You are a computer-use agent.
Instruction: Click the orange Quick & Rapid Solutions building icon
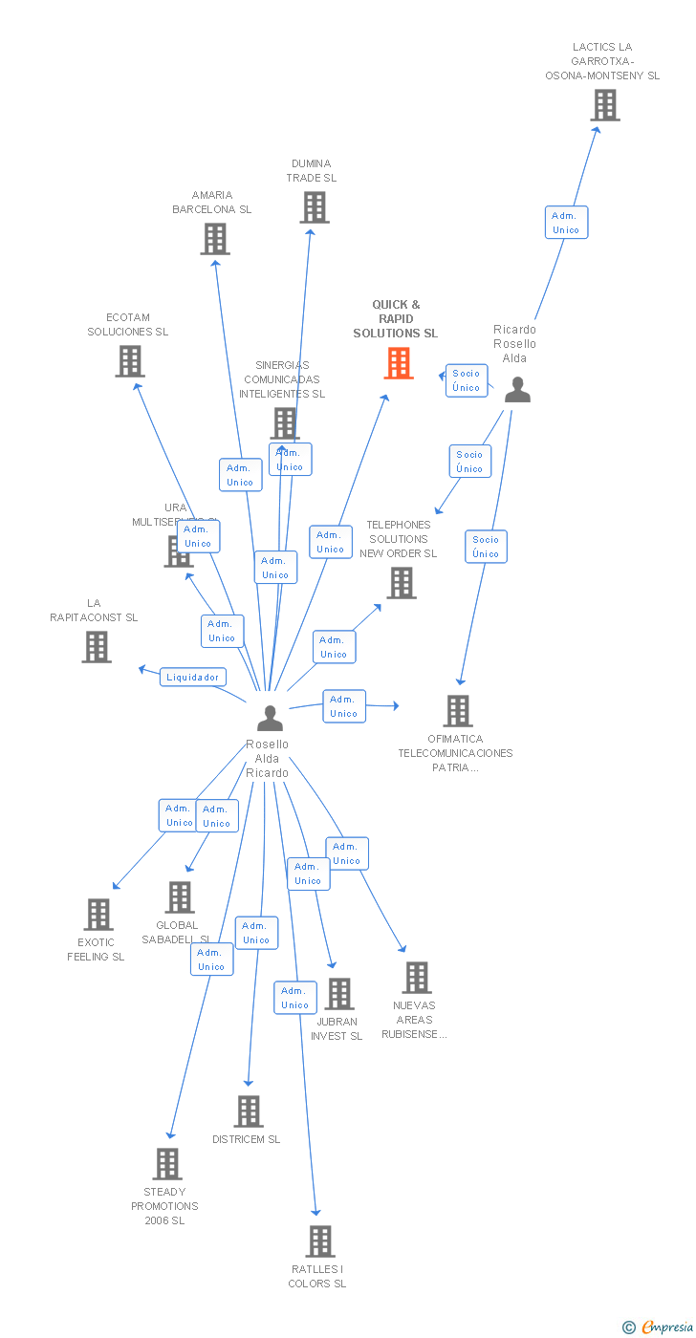399,363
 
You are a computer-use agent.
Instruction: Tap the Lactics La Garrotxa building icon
604,105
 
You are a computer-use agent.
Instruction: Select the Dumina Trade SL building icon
315,207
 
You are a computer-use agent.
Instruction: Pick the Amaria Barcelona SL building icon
215,239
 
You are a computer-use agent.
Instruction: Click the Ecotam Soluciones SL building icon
129,361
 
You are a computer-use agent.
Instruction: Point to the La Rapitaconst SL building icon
96,647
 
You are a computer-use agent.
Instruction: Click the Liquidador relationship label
193,677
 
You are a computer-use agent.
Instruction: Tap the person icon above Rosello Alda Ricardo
271,718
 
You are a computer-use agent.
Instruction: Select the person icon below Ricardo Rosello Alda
517,389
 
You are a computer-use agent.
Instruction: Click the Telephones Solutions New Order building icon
402,583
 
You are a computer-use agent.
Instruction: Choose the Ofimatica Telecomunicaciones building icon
458,711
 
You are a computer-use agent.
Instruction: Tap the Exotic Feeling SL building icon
98,915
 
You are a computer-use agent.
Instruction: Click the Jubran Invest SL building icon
338,994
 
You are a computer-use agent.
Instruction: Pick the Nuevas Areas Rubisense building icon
416,978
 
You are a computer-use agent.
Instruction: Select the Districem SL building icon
249,1111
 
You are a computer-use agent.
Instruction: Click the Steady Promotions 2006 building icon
167,1164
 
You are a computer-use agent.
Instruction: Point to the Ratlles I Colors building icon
319,1241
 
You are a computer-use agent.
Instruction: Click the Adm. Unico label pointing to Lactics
566,223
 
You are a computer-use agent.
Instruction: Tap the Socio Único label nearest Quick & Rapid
467,380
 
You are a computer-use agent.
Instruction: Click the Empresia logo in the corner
658,1326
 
